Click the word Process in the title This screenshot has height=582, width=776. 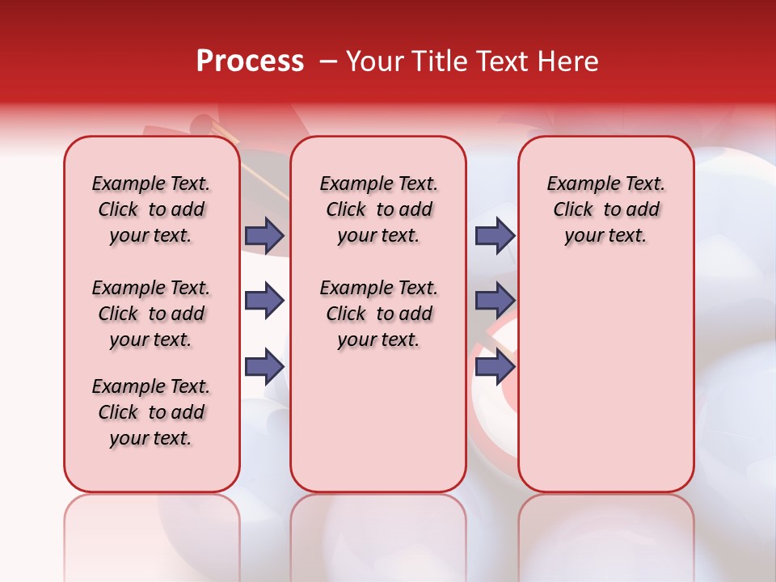(x=249, y=61)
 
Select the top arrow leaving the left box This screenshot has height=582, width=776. (x=264, y=235)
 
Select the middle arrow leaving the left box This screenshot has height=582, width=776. (x=264, y=302)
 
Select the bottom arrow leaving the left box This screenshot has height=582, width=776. (x=264, y=367)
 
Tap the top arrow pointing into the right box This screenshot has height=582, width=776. (x=495, y=235)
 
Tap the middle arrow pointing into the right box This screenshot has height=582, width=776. (x=495, y=302)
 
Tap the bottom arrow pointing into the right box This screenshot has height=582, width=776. (x=495, y=367)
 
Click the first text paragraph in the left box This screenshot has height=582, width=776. (x=151, y=209)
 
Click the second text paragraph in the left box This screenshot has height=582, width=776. (x=151, y=314)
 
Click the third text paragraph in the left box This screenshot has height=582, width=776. (x=151, y=412)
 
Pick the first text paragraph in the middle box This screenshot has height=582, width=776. (x=378, y=209)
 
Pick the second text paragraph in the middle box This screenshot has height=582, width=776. (x=378, y=314)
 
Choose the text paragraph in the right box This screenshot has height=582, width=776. (x=605, y=209)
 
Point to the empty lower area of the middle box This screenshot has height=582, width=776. (x=378, y=420)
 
